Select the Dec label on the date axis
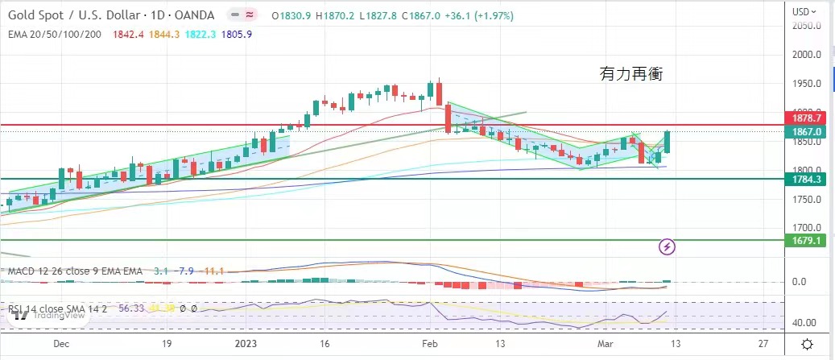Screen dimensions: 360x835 tap(60, 342)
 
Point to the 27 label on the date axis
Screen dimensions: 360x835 tap(763, 342)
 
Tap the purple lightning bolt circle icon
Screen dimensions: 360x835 tap(668, 246)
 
